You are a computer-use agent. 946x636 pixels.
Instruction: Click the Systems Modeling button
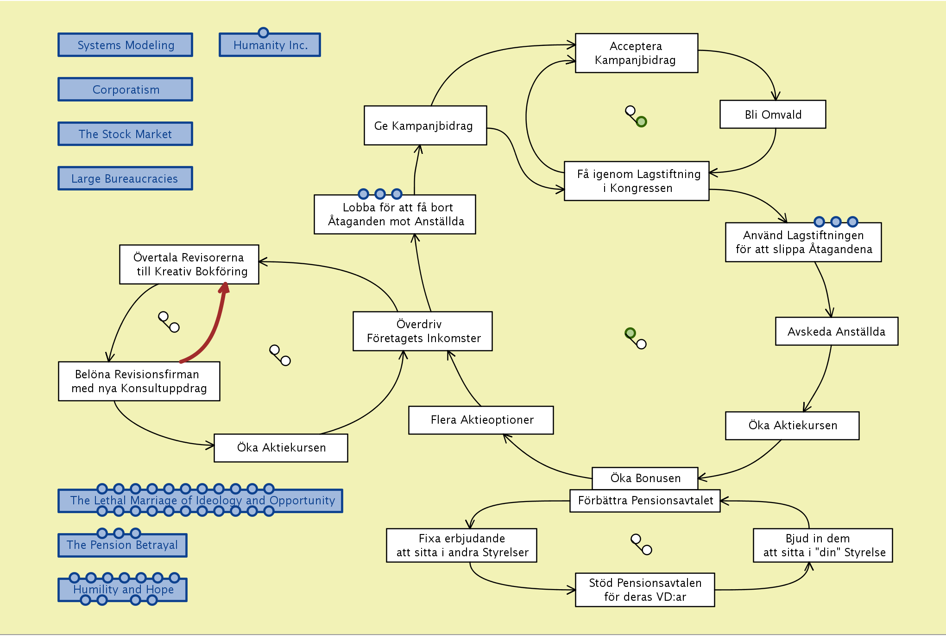[x=125, y=45]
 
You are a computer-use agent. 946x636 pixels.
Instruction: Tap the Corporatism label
[x=125, y=89]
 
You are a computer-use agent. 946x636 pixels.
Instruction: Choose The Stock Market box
[x=125, y=134]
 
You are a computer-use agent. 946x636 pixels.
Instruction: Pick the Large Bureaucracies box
[x=125, y=178]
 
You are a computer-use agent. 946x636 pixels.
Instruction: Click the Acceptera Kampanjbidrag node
[x=636, y=53]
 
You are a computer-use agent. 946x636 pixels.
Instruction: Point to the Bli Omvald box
[x=772, y=114]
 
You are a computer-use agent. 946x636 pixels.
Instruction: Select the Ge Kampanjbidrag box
[x=425, y=126]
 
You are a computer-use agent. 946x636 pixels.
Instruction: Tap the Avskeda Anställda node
[x=836, y=331]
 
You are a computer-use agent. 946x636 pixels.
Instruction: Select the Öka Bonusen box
[x=645, y=478]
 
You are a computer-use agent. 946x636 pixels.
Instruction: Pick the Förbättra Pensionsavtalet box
[x=645, y=501]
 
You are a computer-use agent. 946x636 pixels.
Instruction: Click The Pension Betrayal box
[x=122, y=546]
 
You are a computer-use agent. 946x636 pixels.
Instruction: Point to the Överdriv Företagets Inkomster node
[x=423, y=331]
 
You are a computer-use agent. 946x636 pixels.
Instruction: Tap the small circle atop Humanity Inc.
[x=263, y=32]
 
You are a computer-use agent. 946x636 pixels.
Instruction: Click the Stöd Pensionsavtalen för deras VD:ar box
[x=645, y=590]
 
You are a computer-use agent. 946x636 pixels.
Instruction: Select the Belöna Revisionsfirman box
[x=139, y=381]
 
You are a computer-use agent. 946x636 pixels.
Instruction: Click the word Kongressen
[x=641, y=188]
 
